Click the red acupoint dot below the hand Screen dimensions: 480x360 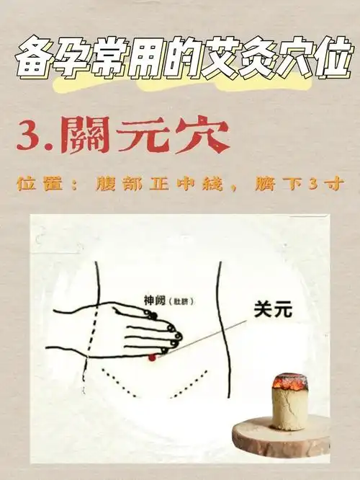[x=152, y=357]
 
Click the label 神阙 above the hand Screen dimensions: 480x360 [x=154, y=301]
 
